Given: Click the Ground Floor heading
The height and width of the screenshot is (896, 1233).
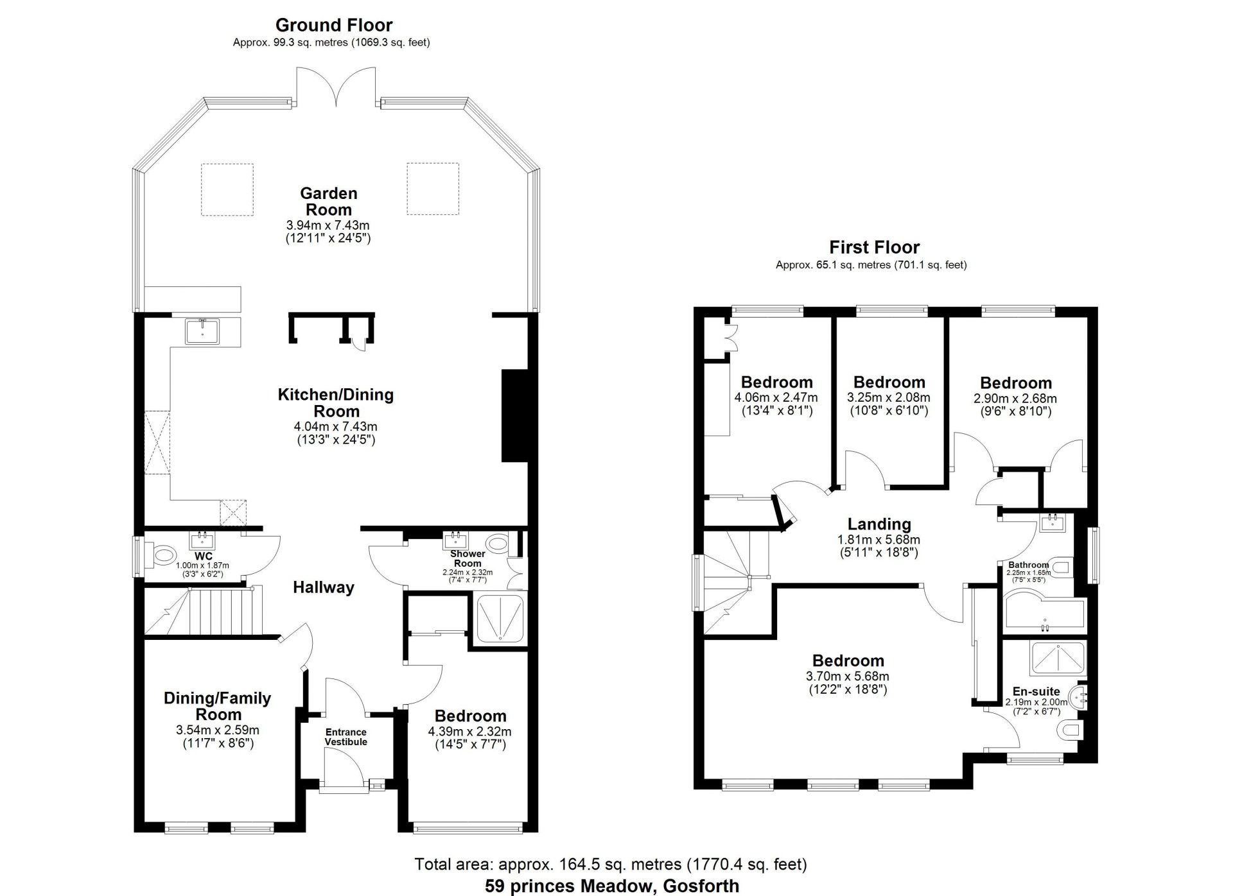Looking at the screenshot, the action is [x=334, y=25].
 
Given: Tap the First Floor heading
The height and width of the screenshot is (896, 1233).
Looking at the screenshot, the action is [x=874, y=247].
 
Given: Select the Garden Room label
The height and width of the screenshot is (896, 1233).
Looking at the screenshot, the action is [x=329, y=202].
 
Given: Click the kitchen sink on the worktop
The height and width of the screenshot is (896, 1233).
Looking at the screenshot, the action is [x=202, y=331].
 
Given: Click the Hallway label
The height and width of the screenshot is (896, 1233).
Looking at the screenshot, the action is [x=324, y=587].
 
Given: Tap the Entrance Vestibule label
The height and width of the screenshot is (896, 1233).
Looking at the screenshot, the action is [x=346, y=737].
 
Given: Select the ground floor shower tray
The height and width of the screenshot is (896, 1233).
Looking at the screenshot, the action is [x=499, y=618].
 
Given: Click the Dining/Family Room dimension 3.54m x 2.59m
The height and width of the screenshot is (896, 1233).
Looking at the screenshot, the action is [x=218, y=730].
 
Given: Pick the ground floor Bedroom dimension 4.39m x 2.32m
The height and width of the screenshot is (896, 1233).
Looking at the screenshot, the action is [x=469, y=732].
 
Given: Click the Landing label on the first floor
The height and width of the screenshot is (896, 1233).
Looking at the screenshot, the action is [x=879, y=524].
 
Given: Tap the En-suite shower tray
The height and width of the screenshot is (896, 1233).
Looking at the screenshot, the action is [x=1057, y=658].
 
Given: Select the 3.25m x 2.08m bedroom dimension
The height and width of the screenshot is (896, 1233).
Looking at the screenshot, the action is [x=889, y=398].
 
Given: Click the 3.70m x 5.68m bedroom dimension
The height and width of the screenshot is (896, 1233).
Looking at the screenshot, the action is [x=848, y=676].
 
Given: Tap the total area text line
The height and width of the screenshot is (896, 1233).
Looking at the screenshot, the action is [x=611, y=865].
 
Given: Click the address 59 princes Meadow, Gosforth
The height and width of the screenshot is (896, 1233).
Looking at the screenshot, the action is [x=612, y=886].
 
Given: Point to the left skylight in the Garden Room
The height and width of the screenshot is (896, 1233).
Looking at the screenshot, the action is [x=227, y=189].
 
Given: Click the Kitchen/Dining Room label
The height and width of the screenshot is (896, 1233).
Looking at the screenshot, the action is [x=335, y=402].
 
